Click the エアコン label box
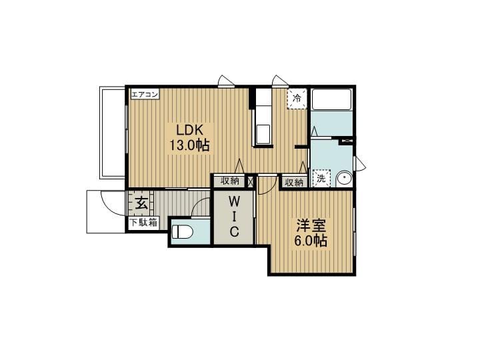point(145,94)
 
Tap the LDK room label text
point(189,130)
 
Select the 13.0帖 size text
point(190,145)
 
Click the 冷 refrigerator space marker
point(297,99)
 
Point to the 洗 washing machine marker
point(321,178)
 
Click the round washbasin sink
point(344,179)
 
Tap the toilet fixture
point(182,232)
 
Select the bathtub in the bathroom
point(331,99)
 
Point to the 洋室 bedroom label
point(311,226)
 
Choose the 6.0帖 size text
point(311,241)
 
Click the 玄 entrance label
point(141,203)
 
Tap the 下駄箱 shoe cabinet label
point(143,222)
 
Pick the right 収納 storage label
point(294,183)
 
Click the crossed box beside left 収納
point(251,181)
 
